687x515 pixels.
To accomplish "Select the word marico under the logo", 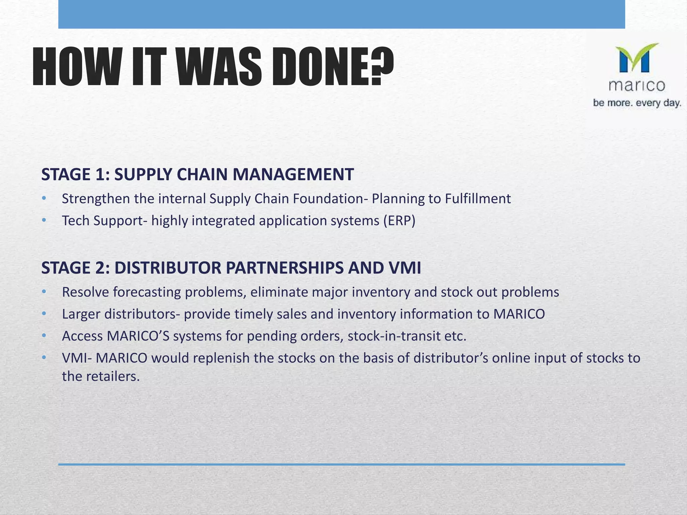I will (x=637, y=86).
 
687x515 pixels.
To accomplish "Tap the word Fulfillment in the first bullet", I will (x=478, y=199).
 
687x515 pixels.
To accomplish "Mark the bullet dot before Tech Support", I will (x=44, y=221).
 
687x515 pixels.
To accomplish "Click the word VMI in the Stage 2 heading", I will (x=404, y=268).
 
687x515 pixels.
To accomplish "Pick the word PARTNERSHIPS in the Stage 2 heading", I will (x=284, y=268).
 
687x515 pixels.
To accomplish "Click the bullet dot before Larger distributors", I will (x=44, y=314).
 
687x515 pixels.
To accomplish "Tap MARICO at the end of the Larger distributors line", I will (x=519, y=314).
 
